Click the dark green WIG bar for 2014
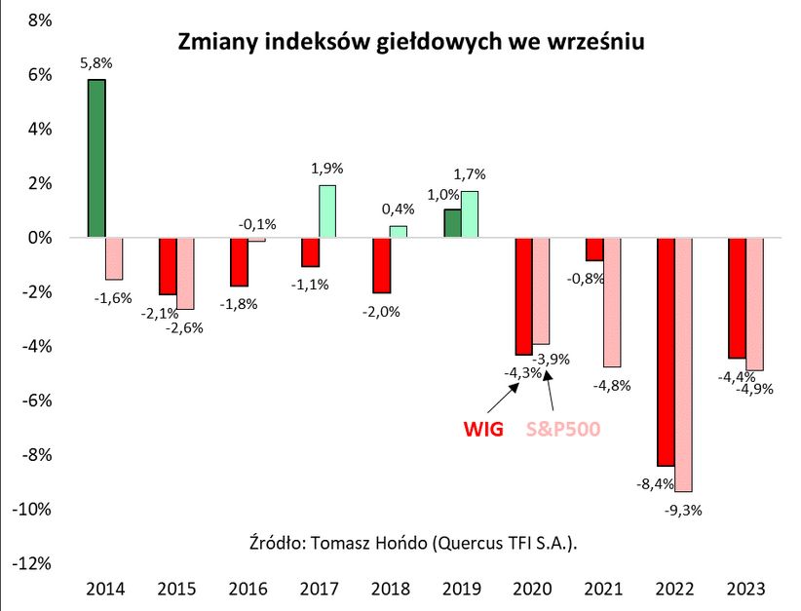[x=96, y=158]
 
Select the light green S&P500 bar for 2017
[x=327, y=211]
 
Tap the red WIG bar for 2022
[x=666, y=352]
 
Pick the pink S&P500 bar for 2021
[x=612, y=302]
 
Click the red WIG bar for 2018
[x=381, y=265]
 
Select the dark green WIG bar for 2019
[x=452, y=223]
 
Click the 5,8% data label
[x=95, y=64]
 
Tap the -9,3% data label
[x=684, y=508]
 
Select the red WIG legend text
[x=482, y=429]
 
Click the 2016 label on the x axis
[x=248, y=589]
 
